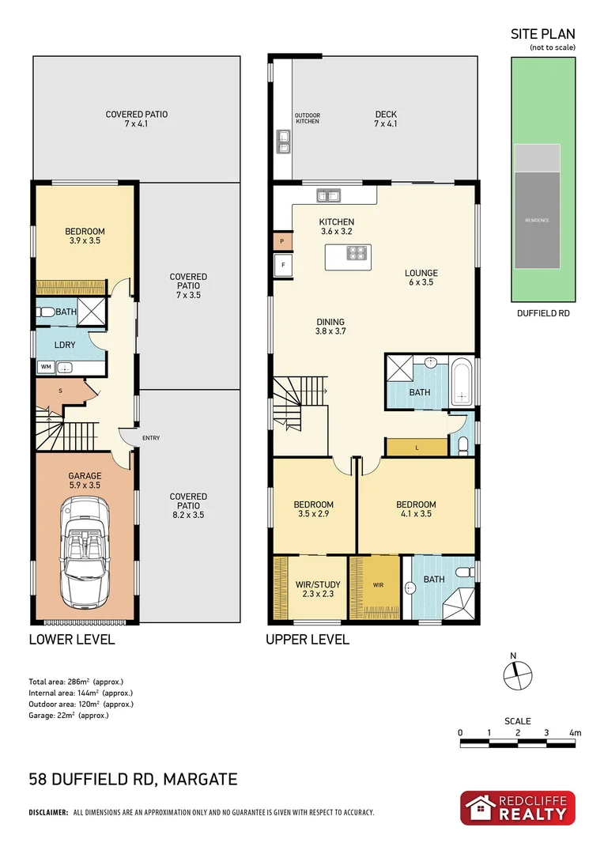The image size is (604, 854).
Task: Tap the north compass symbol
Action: (515, 673)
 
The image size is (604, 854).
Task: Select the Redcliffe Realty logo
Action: (518, 808)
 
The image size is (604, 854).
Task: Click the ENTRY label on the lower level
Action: (151, 437)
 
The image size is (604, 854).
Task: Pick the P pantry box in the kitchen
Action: (281, 240)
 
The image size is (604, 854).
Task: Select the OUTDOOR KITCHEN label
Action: (308, 119)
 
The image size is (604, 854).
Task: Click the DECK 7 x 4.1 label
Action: (386, 119)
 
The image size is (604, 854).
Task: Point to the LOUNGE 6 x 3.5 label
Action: (421, 278)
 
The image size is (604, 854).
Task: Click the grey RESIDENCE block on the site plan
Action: (538, 219)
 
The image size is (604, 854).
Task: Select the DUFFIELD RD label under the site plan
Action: (542, 313)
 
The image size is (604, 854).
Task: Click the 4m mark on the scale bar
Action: (575, 733)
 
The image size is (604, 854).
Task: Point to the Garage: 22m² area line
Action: (68, 715)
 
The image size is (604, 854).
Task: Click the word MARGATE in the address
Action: (201, 780)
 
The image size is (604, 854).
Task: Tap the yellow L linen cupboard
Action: (417, 448)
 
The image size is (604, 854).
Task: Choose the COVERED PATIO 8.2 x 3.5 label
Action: (188, 502)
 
